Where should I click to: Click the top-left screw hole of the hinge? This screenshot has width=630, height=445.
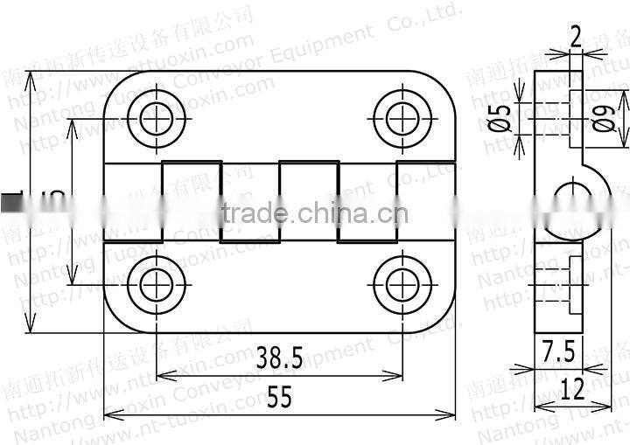point(157,118)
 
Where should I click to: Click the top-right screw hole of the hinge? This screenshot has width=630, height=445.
point(402,118)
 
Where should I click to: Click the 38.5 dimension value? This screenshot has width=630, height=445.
point(279,358)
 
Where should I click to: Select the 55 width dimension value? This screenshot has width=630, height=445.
point(279,397)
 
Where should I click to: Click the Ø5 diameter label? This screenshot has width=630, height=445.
point(500,117)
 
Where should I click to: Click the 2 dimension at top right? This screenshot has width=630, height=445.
point(575,36)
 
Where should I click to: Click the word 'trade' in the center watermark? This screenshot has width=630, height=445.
point(255,212)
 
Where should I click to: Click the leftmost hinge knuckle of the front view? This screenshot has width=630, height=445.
point(133,202)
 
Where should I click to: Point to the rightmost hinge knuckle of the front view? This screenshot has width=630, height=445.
point(426,202)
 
